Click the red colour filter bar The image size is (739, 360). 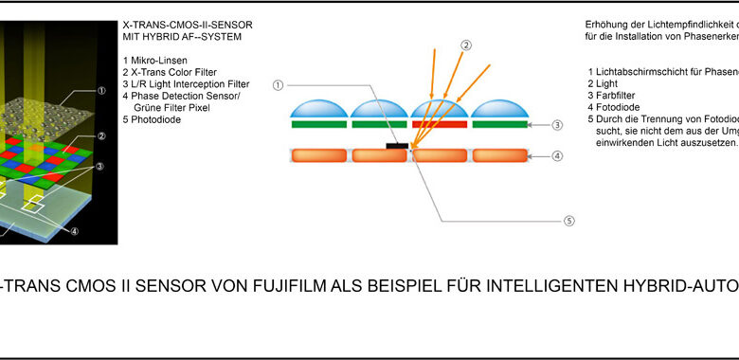coord(440,124)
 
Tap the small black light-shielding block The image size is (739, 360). coord(397,146)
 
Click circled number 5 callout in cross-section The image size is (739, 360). coord(569,221)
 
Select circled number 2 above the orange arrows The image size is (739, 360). coord(465,45)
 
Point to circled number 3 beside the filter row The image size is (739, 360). coord(557,125)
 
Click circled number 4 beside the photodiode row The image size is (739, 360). coord(557,155)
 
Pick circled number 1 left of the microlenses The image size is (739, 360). coord(278,85)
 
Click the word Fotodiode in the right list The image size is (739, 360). coord(618,107)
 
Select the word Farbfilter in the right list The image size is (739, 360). coord(616,96)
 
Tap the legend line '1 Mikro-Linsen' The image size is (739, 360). coord(155,61)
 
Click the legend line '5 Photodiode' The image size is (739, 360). coord(152,119)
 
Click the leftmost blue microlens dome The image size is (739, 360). coord(319,108)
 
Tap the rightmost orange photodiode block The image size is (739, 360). coord(500,155)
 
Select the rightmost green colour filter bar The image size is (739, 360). coord(500,124)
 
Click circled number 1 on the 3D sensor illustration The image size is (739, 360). coord(101,91)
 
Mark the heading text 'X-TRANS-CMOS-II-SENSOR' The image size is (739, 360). coord(187,25)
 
